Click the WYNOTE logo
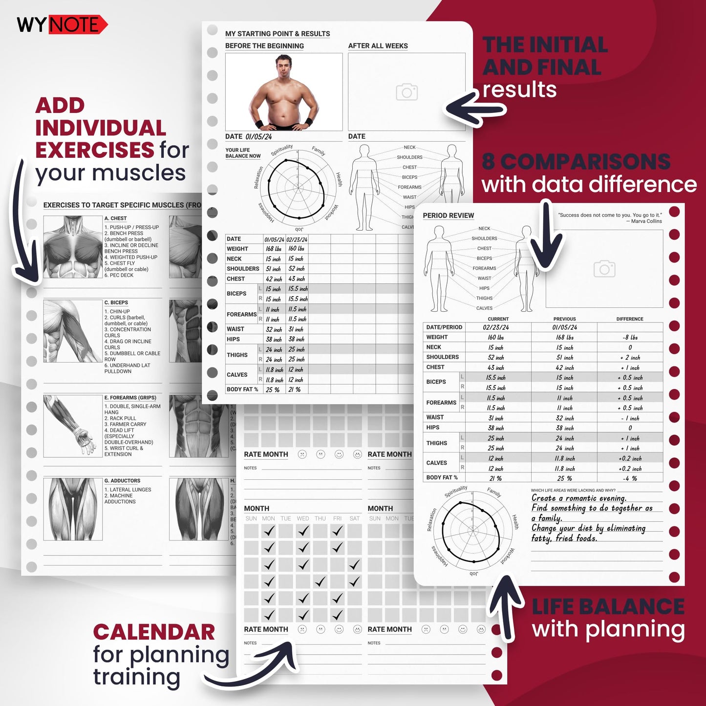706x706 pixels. point(62,24)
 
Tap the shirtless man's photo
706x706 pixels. point(284,92)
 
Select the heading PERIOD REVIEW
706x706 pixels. point(448,215)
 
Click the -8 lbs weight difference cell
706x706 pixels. point(630,338)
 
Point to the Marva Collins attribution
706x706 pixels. point(646,221)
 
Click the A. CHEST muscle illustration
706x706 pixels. point(73,247)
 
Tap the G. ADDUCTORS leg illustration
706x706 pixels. point(73,509)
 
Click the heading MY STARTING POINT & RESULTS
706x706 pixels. point(277,34)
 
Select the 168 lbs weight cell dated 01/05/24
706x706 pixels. point(274,249)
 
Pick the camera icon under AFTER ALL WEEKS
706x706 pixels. point(406,92)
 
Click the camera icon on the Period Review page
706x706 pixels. point(604,269)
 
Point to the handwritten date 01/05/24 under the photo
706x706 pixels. point(258,137)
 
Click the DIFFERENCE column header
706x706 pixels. point(629,319)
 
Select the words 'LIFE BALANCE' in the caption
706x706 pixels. point(608,607)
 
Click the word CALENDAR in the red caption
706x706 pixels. point(154,632)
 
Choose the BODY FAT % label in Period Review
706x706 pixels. point(442,477)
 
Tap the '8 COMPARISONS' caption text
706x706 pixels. point(576,162)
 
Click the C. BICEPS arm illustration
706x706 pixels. point(73,331)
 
